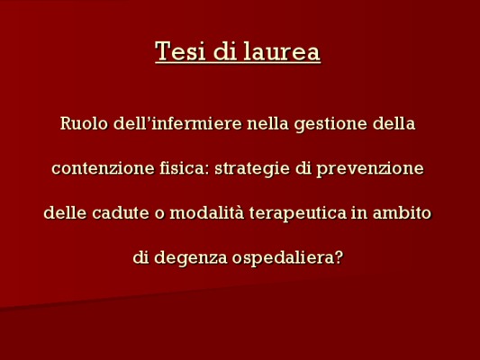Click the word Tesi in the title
coord(180,50)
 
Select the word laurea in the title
coord(282,50)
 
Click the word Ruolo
coord(84,123)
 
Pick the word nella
coord(267,123)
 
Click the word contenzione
coord(103,168)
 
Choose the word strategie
coord(252,169)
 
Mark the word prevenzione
coord(370,169)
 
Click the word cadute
coord(121,212)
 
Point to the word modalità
coord(207,212)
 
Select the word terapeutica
coord(298,213)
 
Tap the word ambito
coord(402,212)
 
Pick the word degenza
coord(191,258)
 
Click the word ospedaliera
coord(283,258)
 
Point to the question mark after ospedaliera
coord(338,257)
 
